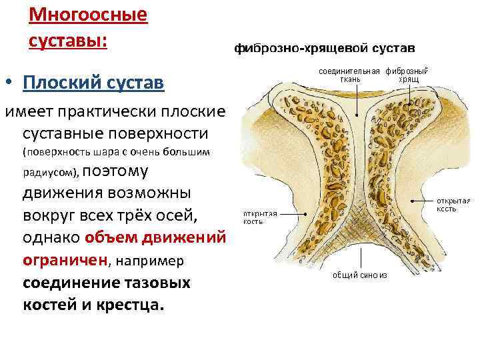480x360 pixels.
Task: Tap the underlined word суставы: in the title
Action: [67, 39]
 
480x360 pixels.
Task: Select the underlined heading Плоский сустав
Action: [93, 83]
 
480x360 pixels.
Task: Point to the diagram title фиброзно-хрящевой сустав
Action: [324, 49]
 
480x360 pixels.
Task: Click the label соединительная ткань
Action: [349, 75]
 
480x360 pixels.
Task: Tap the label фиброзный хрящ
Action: [407, 75]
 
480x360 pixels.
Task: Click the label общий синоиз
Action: [360, 274]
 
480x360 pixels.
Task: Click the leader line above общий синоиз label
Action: [360, 256]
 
